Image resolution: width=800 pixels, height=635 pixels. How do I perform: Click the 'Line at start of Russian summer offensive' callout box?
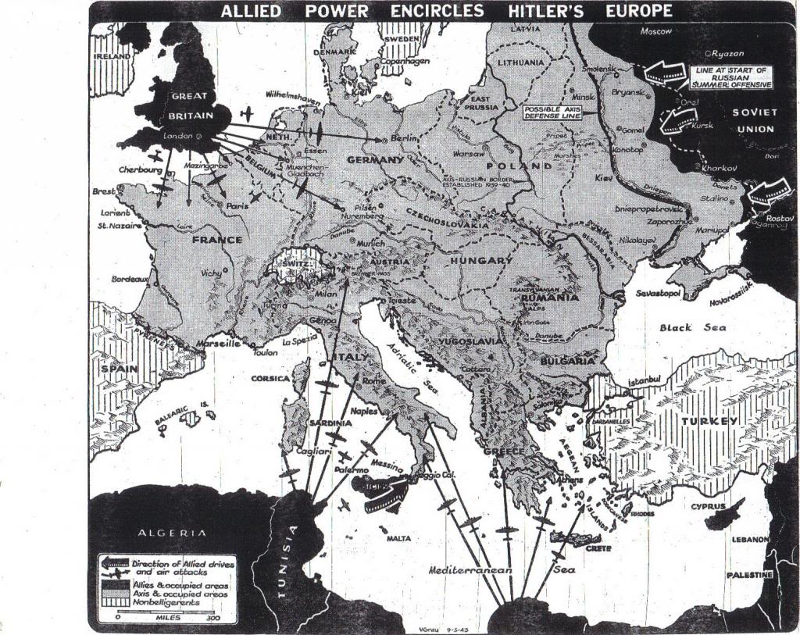click(x=732, y=77)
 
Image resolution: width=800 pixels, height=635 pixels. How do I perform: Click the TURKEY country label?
click(x=709, y=421)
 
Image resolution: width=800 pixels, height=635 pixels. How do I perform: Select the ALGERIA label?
click(x=173, y=533)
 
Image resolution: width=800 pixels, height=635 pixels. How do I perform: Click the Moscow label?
click(x=655, y=31)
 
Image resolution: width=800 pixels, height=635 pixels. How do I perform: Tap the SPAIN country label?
click(x=119, y=367)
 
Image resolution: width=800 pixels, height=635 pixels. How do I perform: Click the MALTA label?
click(x=398, y=538)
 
